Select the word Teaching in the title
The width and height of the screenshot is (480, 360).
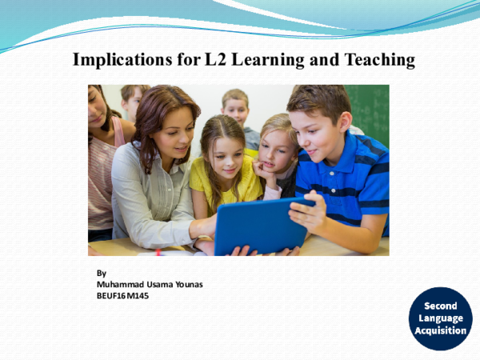pyautogui.click(x=379, y=60)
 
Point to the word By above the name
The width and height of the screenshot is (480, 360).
pyautogui.click(x=101, y=272)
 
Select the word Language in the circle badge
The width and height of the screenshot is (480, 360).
pyautogui.click(x=441, y=318)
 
